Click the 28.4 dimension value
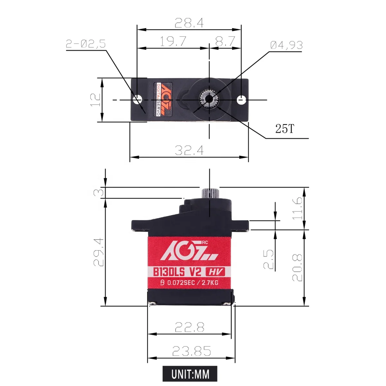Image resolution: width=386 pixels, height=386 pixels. coord(189,23)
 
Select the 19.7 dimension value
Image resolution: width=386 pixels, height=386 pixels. coord(173,41)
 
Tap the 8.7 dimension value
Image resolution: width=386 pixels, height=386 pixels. coord(225,41)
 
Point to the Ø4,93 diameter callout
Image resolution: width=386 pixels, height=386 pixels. coord(286,45)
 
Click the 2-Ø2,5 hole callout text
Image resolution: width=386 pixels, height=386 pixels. coord(86,44)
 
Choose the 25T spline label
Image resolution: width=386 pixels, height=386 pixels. coord(285,129)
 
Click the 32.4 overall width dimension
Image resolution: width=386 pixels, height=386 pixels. coord(189,150)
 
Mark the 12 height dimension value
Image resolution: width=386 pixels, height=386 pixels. coord(95,99)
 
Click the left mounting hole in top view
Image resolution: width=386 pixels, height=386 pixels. coord(138,99)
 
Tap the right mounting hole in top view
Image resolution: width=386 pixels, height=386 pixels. coord(241,100)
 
